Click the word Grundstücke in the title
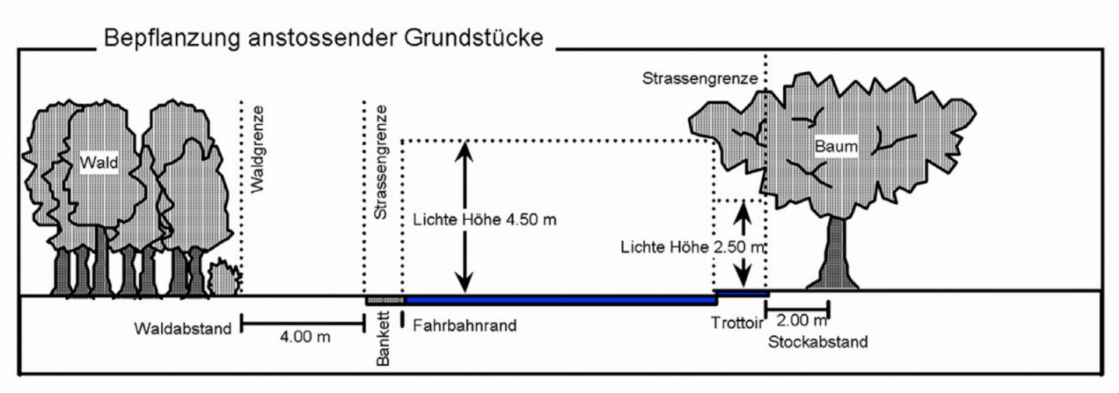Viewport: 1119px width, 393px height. click(x=473, y=38)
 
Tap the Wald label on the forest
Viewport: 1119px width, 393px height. click(x=98, y=162)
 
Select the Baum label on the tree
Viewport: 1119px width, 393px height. click(x=836, y=146)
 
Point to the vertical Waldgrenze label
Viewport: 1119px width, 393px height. click(x=257, y=149)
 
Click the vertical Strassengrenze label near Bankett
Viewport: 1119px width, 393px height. click(x=380, y=162)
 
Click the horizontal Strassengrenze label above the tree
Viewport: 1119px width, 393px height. click(x=699, y=78)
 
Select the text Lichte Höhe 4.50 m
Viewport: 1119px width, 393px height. click(x=484, y=220)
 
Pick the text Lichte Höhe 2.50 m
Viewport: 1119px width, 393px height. click(x=692, y=247)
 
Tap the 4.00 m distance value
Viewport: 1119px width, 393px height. click(x=305, y=337)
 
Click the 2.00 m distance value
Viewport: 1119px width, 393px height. click(x=801, y=320)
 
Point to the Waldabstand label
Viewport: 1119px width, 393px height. click(x=182, y=329)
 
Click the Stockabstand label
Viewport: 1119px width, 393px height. click(x=817, y=342)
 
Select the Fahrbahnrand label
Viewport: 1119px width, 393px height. click(x=465, y=325)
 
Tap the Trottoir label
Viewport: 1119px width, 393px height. click(x=737, y=322)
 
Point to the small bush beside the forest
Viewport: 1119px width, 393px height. click(x=223, y=278)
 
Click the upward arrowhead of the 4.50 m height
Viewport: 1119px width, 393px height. click(x=465, y=149)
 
